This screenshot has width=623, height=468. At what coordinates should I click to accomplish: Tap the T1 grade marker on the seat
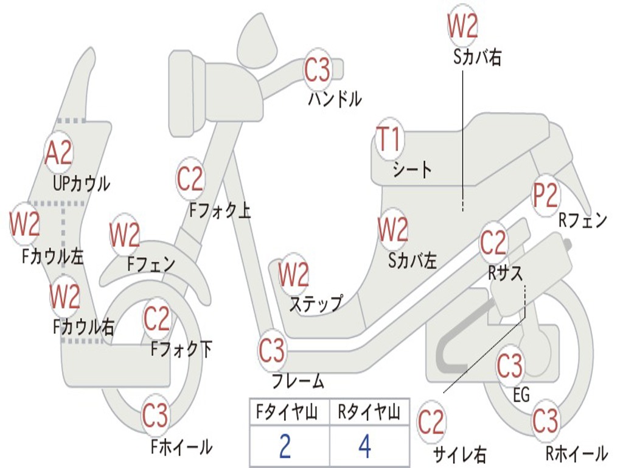coord(389,140)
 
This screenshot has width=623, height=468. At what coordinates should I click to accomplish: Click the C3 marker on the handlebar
coord(318,69)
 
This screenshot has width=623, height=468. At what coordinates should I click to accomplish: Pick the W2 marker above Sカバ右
coord(462,26)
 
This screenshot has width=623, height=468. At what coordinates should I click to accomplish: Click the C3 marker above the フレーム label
coord(272,351)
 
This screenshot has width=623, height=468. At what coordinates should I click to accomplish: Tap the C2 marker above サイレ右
coord(431,422)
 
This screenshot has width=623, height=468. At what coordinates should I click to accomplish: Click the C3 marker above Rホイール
coord(545,420)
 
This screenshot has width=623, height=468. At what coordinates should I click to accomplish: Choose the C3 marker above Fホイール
coord(155,416)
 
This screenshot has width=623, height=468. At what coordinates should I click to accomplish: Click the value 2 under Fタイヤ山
coord(285,446)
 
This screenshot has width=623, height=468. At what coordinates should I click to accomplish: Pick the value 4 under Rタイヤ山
coord(364,446)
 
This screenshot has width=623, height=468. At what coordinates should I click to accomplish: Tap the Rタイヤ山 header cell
coord(369,414)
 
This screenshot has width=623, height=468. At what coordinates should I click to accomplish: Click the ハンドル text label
coord(335,98)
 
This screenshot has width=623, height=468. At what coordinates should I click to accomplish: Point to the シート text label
coord(412,169)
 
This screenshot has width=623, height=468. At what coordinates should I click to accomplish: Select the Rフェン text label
coord(583,221)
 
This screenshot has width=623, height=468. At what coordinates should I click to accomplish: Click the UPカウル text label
coord(81,183)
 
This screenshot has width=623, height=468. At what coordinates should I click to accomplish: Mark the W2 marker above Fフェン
coord(125,235)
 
